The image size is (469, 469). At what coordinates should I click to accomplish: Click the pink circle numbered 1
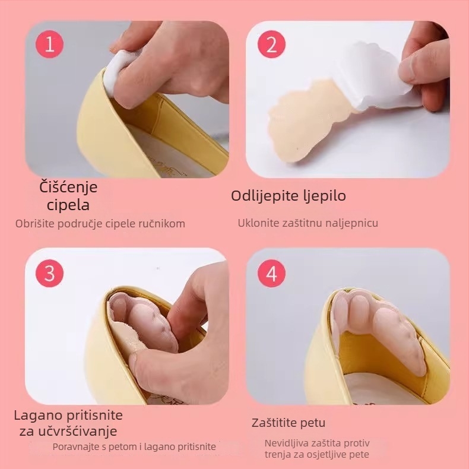click(50, 44)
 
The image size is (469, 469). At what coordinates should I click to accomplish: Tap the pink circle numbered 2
click(271, 44)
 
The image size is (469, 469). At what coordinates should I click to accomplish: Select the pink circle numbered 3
click(50, 273)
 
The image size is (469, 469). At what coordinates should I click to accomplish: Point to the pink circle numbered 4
click(271, 273)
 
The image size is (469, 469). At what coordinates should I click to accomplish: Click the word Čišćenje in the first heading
click(68, 187)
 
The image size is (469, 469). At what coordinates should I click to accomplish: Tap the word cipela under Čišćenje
click(68, 205)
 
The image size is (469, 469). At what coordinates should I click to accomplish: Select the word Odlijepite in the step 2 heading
click(262, 196)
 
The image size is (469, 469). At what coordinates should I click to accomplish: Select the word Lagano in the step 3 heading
click(38, 416)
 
